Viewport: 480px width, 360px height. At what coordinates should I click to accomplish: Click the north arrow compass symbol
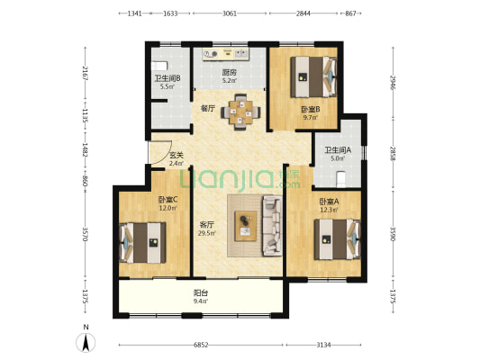tap(86, 342)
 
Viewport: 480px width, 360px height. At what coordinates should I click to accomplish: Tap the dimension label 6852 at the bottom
tap(201, 345)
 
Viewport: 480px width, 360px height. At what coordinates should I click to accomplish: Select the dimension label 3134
tap(323, 345)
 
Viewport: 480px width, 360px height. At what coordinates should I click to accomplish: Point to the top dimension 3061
tap(230, 13)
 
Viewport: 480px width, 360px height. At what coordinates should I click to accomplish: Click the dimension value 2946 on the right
tap(393, 82)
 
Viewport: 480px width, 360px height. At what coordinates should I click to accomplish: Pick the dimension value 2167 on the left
tap(86, 73)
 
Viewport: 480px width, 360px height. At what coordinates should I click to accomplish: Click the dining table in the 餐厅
tap(241, 112)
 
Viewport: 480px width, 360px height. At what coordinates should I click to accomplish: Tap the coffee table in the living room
tap(246, 226)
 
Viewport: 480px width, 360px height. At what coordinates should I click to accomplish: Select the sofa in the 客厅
tap(272, 226)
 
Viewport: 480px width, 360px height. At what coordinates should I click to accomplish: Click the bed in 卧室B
tap(313, 76)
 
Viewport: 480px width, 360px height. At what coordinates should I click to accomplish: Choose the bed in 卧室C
tap(142, 242)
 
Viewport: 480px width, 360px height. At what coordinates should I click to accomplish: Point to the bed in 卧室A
tap(338, 239)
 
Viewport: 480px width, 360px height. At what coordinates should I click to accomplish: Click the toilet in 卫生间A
tap(340, 178)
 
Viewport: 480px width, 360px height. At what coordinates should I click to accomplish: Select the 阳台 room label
tap(201, 293)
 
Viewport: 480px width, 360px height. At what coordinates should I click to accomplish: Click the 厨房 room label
tap(230, 73)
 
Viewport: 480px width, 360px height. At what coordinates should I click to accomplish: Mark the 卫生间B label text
tap(168, 78)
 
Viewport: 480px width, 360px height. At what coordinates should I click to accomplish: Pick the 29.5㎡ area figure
tap(207, 233)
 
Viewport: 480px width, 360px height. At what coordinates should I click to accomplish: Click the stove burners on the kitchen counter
tap(211, 54)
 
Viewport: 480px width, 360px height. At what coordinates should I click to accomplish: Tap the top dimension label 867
tap(350, 13)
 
